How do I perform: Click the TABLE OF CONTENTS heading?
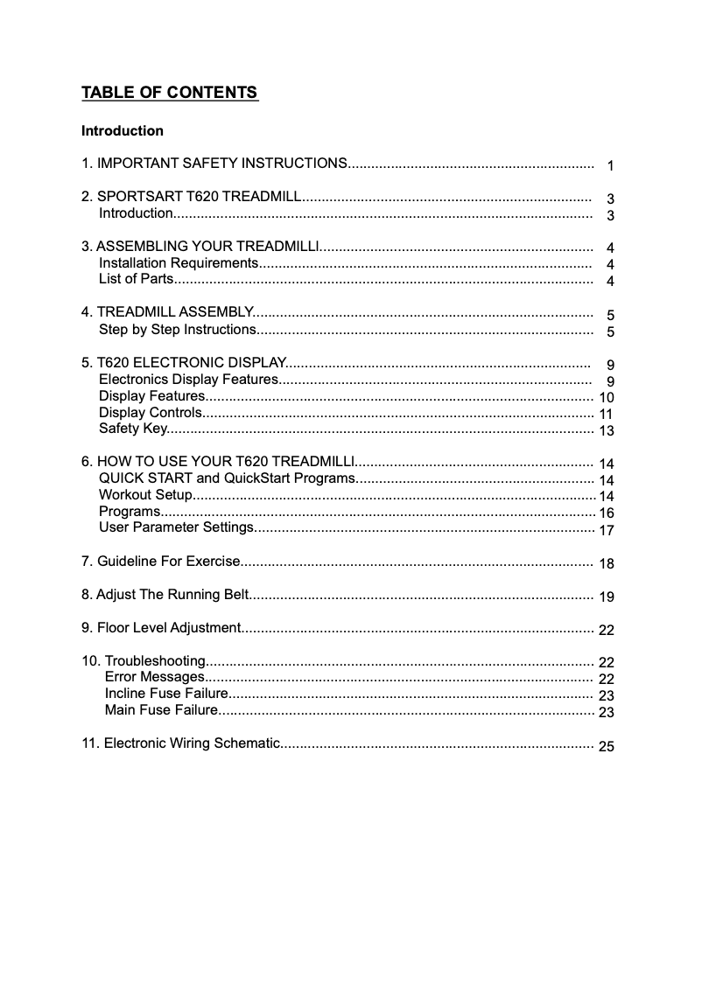(170, 93)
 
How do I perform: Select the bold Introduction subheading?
(123, 131)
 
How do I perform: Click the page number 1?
(610, 166)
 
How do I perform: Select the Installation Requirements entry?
(178, 263)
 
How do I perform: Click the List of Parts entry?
(137, 280)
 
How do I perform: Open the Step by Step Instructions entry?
(178, 330)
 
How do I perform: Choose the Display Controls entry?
(151, 413)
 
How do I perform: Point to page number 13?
(607, 431)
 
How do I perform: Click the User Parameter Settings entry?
(176, 527)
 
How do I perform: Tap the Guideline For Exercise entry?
(160, 561)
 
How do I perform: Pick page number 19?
(607, 597)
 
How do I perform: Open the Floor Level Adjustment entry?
(160, 628)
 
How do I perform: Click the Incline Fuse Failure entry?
(166, 693)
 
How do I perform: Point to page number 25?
(607, 746)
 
